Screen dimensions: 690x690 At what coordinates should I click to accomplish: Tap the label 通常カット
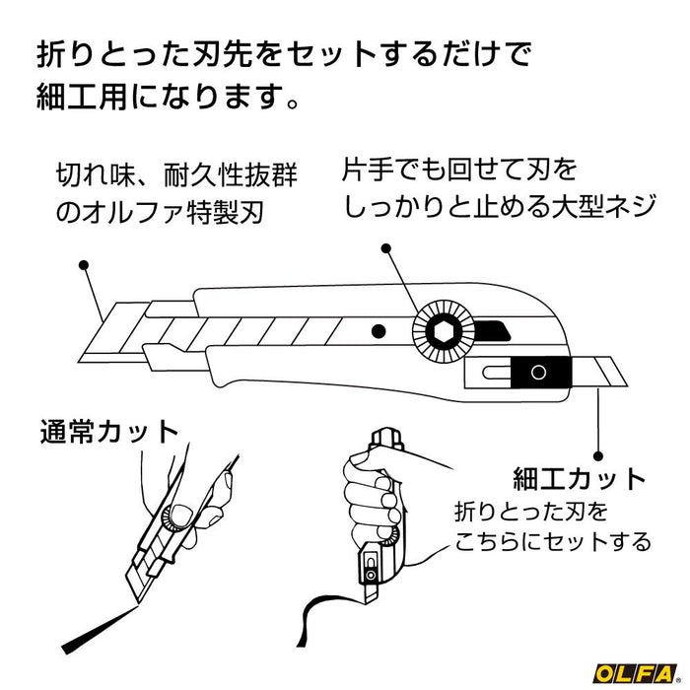[108, 432]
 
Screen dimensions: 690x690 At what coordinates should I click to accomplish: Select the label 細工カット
[580, 480]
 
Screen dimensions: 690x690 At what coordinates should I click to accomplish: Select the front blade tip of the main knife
[99, 330]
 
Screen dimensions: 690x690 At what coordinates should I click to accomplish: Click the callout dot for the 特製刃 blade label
[83, 265]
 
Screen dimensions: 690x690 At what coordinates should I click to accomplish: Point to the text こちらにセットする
[552, 541]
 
